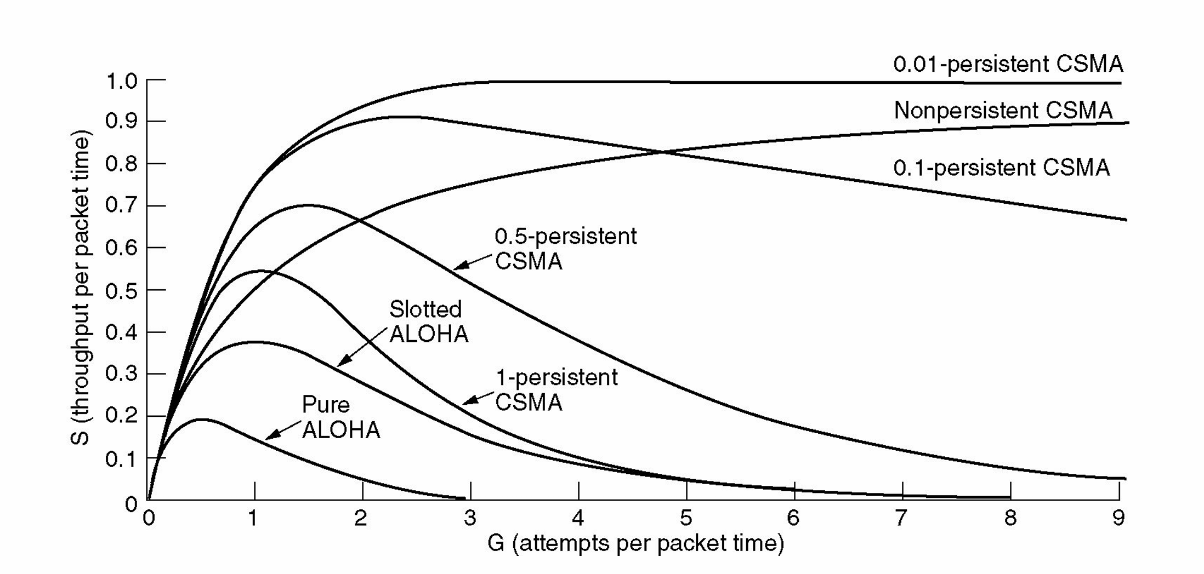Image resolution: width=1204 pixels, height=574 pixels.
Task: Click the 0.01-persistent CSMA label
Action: (x=1008, y=65)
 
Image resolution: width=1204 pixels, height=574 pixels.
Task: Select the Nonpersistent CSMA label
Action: (x=1003, y=111)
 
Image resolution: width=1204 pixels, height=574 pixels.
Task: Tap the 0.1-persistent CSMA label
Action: (x=1001, y=168)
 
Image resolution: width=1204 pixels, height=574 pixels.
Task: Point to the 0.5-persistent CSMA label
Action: (x=565, y=249)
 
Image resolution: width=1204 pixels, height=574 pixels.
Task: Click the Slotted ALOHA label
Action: (x=428, y=322)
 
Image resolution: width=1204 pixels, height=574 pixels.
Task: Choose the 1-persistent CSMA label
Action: (x=556, y=389)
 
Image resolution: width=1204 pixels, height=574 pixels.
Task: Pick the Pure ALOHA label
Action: (x=340, y=417)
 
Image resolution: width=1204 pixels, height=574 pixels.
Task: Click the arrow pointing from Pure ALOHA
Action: (x=283, y=430)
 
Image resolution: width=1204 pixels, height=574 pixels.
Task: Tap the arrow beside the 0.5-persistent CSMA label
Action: (x=473, y=262)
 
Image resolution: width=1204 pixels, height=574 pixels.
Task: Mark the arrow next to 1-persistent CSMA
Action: (x=478, y=398)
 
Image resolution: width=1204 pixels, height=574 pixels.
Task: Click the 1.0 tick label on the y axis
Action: (x=121, y=82)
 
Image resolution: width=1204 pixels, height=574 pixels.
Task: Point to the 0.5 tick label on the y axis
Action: (x=121, y=290)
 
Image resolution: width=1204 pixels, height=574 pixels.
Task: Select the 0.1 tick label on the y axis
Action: (x=121, y=459)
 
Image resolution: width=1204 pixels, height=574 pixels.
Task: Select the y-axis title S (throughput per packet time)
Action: (x=81, y=290)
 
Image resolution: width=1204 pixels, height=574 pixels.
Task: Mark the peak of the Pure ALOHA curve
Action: (x=202, y=420)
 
